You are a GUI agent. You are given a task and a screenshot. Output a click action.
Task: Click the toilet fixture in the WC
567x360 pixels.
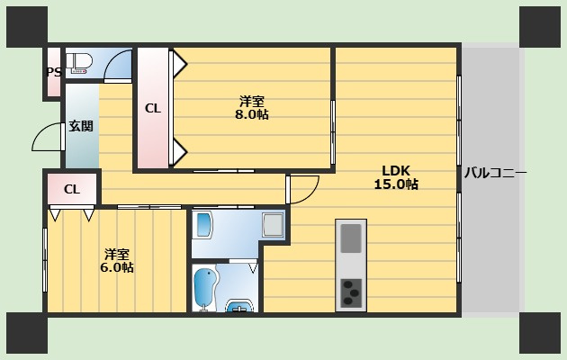pyautogui.click(x=79, y=63)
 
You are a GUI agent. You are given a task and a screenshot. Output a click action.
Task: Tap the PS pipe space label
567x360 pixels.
pyautogui.click(x=54, y=72)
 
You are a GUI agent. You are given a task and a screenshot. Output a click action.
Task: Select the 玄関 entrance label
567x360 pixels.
pyautogui.click(x=81, y=126)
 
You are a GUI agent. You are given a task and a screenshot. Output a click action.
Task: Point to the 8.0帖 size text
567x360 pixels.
pyautogui.click(x=252, y=114)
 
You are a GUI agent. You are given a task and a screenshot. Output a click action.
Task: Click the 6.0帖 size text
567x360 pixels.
pyautogui.click(x=117, y=268)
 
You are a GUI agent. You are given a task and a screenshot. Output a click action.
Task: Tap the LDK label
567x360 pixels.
pyautogui.click(x=396, y=170)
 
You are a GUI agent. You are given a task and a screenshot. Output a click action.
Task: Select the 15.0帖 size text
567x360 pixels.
pyautogui.click(x=396, y=184)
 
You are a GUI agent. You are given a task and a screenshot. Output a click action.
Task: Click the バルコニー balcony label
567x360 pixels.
pyautogui.click(x=495, y=173)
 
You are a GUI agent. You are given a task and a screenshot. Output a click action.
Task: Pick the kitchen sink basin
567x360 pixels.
pyautogui.click(x=351, y=238)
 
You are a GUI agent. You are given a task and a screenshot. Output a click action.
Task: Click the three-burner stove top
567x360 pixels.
pyautogui.click(x=351, y=293)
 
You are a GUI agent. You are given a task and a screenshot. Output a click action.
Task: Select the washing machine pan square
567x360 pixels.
pyautogui.click(x=273, y=225)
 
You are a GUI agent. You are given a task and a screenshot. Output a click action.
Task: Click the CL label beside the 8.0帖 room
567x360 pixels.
pyautogui.click(x=153, y=108)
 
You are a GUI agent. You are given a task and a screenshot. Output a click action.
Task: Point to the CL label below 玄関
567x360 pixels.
pyautogui.click(x=72, y=189)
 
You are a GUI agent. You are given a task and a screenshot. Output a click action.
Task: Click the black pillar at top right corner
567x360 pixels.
pyautogui.click(x=540, y=27)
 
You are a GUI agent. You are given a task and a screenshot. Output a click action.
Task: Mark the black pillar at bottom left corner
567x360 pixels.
pyautogui.click(x=27, y=333)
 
